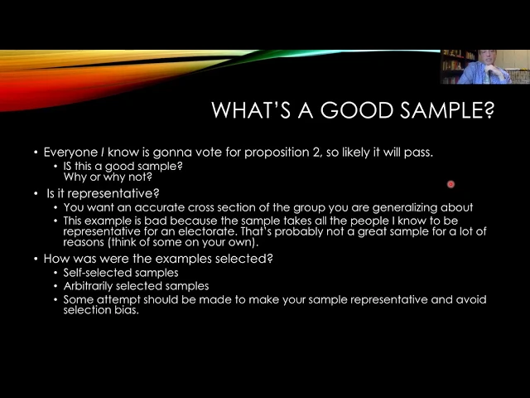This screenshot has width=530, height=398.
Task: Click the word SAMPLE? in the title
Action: [447, 109]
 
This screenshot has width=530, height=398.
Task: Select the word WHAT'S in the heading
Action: [251, 109]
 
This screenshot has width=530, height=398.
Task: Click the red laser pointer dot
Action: [450, 184]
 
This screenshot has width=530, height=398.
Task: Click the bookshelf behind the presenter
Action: [455, 66]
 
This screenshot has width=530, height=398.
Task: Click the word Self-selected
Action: [93, 273]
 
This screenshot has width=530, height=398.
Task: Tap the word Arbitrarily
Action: [89, 287]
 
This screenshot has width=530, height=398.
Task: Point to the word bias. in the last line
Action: [127, 310]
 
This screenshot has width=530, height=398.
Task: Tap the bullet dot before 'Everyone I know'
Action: [36, 153]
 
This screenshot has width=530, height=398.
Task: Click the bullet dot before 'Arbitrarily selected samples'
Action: [55, 287]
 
